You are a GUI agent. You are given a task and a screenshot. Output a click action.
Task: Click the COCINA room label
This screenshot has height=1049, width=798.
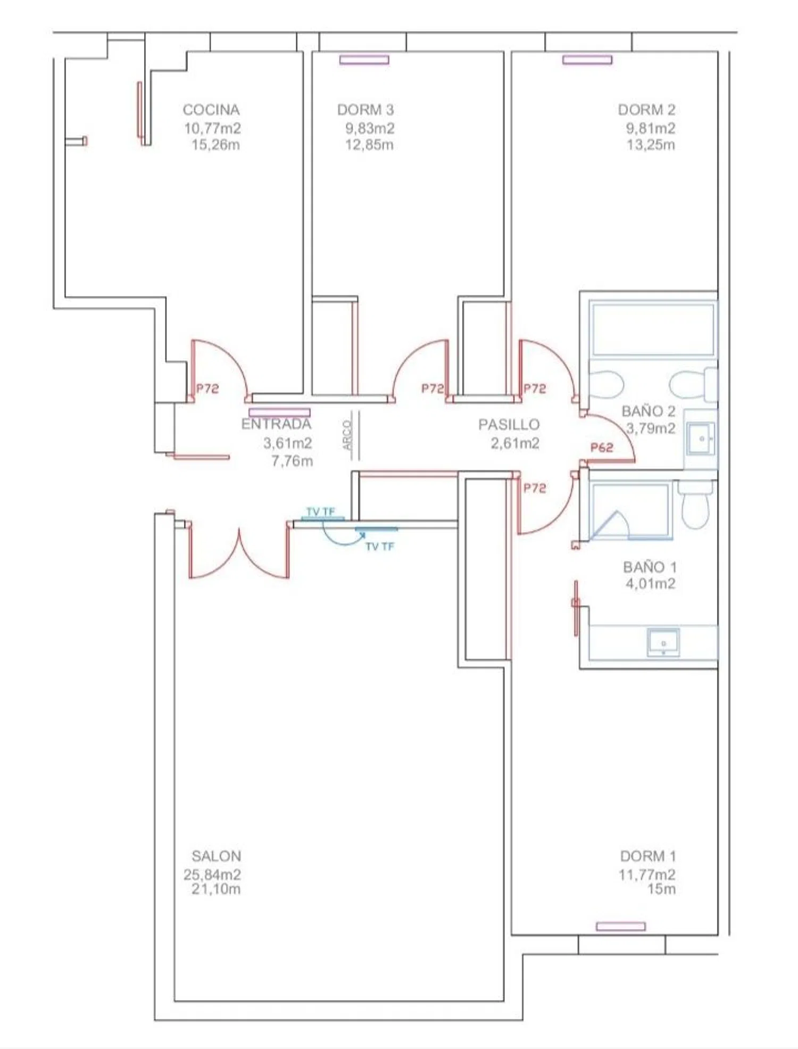(x=211, y=110)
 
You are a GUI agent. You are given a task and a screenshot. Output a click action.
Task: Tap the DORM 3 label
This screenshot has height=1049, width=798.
(x=365, y=110)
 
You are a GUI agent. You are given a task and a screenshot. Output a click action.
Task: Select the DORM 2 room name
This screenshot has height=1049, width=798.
(x=646, y=110)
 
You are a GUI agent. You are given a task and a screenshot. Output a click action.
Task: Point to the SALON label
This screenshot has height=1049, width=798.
(x=217, y=856)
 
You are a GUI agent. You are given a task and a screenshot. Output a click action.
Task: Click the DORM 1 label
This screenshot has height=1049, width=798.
(x=648, y=856)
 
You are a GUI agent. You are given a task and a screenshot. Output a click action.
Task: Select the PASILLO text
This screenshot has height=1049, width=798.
(x=509, y=424)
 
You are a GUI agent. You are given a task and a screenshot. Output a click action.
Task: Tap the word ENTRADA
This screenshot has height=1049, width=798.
(x=276, y=424)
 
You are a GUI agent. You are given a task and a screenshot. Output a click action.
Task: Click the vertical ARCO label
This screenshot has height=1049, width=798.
(x=347, y=435)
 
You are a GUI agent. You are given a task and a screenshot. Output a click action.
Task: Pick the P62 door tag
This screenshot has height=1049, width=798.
(x=602, y=448)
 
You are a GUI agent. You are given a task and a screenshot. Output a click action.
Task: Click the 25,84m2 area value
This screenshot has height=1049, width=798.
(x=212, y=874)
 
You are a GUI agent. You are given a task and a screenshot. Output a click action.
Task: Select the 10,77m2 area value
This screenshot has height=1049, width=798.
(x=212, y=128)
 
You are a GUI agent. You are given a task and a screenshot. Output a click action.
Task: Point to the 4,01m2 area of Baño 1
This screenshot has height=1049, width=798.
(x=651, y=583)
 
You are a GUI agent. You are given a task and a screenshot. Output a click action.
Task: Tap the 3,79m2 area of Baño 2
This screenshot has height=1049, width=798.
(x=651, y=428)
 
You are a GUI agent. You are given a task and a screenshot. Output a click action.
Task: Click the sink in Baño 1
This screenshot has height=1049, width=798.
(x=663, y=642)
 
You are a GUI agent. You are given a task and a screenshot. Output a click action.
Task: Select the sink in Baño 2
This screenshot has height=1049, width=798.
(x=701, y=439)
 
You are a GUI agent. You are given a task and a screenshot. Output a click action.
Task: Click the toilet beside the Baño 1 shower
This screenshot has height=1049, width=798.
(x=695, y=505)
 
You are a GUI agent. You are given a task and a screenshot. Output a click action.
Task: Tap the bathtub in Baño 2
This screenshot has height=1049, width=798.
(x=653, y=329)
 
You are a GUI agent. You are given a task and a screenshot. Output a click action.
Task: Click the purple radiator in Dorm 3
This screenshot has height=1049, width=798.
(x=364, y=60)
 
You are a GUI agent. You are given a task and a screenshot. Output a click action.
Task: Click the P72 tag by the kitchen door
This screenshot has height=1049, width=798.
(x=207, y=389)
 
